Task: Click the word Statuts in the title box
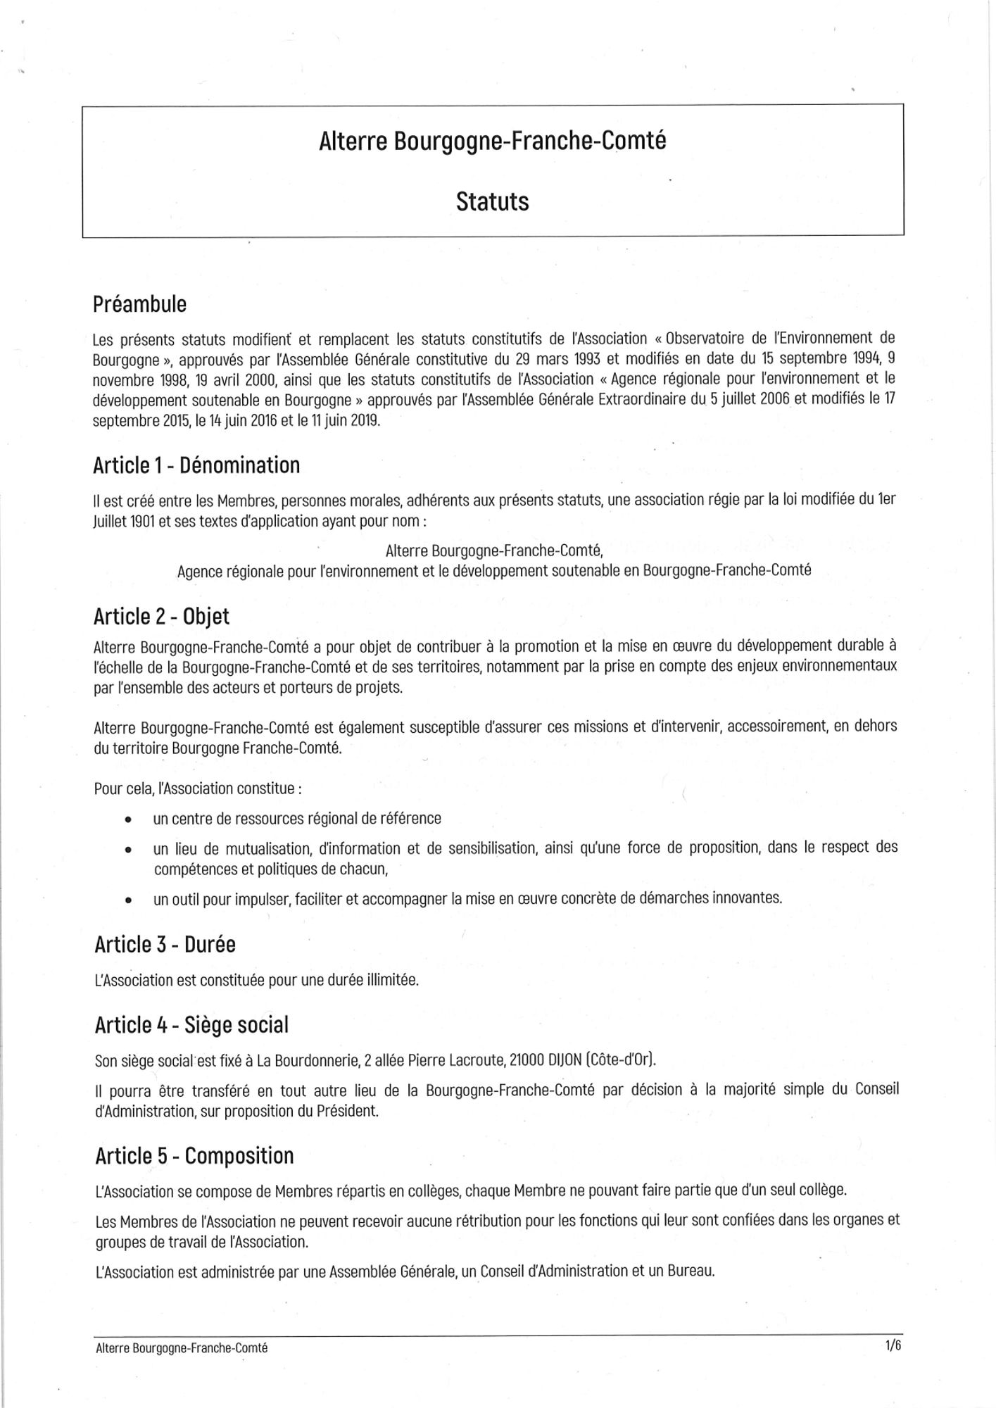(x=492, y=201)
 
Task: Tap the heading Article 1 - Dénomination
(x=196, y=465)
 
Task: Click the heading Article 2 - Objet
(x=161, y=616)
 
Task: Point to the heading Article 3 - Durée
(x=165, y=944)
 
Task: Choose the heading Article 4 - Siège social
(x=191, y=1025)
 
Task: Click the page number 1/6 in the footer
(x=893, y=1346)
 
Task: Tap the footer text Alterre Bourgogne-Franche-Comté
(x=182, y=1348)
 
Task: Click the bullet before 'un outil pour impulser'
(x=127, y=900)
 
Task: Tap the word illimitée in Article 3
(x=392, y=979)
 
